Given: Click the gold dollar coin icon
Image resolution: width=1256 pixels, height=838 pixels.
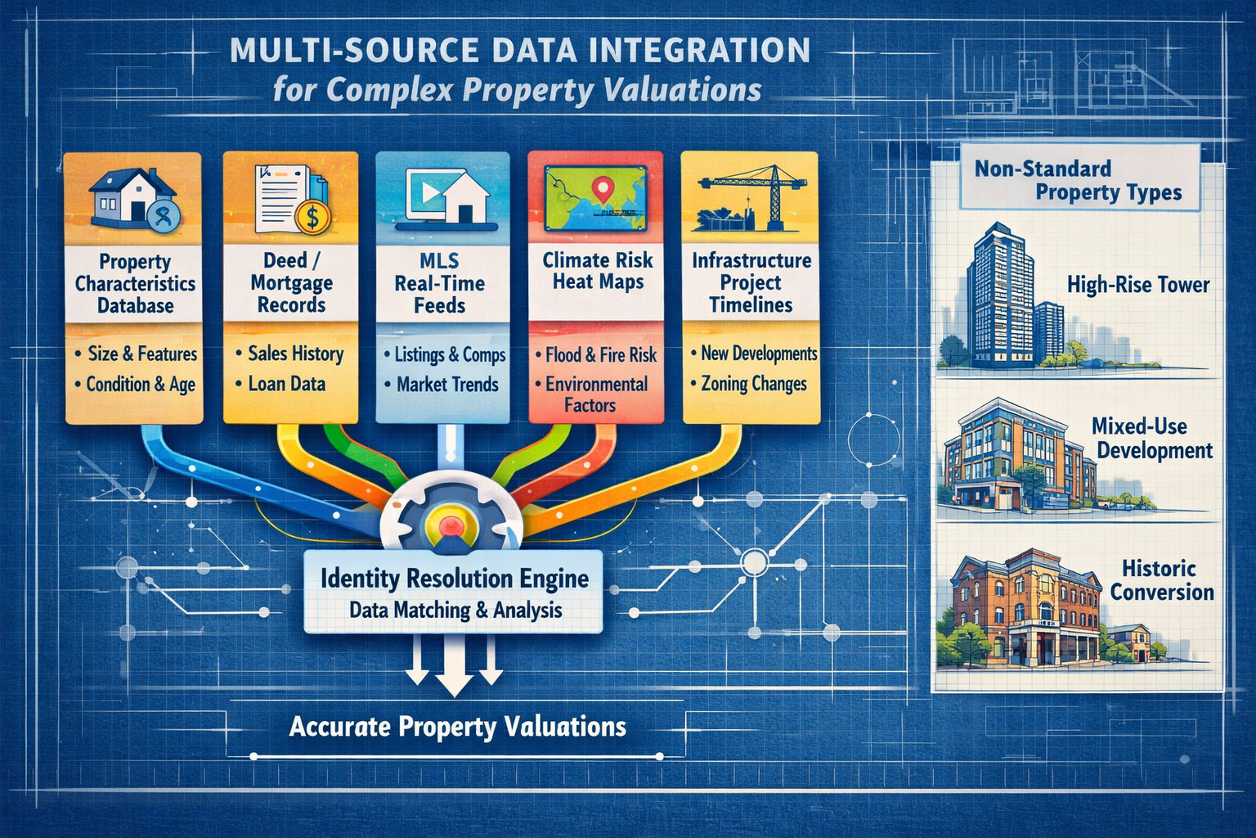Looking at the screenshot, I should (x=312, y=217).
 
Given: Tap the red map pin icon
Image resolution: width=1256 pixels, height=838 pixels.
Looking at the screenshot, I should (x=603, y=190).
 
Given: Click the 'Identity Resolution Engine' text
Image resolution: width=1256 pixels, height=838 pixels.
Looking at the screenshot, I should (x=454, y=579).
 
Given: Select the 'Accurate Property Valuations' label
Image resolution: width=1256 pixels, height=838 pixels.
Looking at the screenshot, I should (x=457, y=727).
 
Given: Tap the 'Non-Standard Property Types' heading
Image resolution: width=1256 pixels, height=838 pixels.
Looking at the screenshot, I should (x=1078, y=181).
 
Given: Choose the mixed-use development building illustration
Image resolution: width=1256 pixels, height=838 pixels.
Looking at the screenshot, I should (x=1014, y=454).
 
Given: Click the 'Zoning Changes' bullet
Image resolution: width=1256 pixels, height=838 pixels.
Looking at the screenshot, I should (x=753, y=384).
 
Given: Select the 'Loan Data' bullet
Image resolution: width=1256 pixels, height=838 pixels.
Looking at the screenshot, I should (x=286, y=384).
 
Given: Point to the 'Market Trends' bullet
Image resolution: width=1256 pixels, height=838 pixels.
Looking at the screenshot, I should (x=446, y=384).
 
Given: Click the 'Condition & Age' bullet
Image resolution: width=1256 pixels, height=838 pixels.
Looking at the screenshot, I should (x=140, y=384).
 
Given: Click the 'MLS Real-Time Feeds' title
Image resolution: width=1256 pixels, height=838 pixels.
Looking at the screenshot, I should (x=440, y=283).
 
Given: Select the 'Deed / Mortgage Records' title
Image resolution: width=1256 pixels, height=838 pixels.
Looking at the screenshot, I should (x=291, y=282).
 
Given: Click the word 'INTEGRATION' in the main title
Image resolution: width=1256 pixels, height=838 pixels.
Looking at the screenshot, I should (x=676, y=51).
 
